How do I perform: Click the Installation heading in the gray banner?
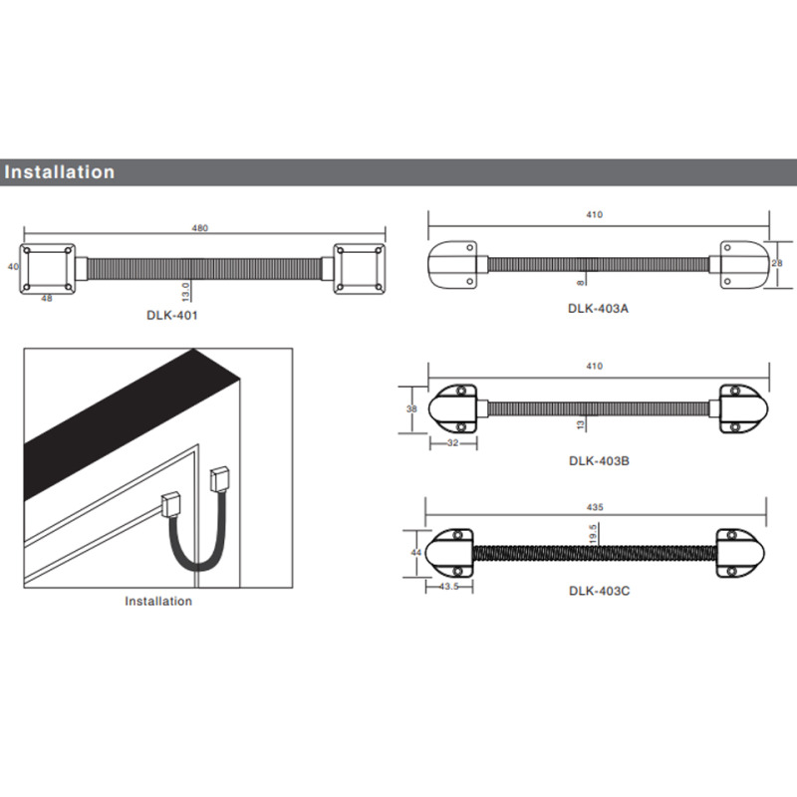pyautogui.click(x=60, y=172)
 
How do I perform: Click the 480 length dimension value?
pyautogui.click(x=199, y=229)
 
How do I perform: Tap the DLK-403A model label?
pyautogui.click(x=598, y=309)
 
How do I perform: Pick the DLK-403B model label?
pyautogui.click(x=598, y=461)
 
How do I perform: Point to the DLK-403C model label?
pyautogui.click(x=598, y=590)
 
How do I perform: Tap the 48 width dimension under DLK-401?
pyautogui.click(x=46, y=298)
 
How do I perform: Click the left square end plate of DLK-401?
pyautogui.click(x=47, y=268)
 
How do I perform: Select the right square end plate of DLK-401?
pyautogui.click(x=360, y=268)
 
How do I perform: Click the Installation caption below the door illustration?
pyautogui.click(x=158, y=601)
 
